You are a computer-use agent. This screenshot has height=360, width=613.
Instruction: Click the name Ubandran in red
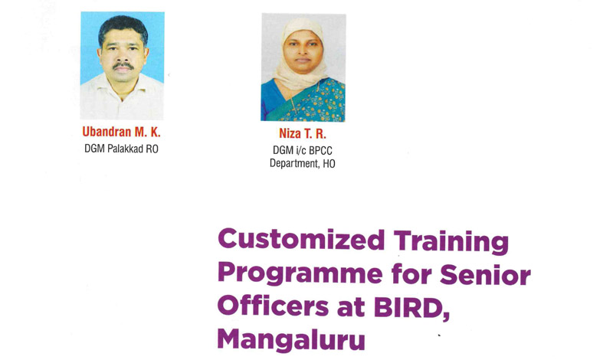coord(107,132)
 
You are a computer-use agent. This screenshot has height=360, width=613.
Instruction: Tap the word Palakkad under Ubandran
coord(125,149)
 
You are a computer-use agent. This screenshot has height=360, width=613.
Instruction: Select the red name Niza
coord(290,134)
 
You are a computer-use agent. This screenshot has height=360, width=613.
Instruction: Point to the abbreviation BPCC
coord(320,150)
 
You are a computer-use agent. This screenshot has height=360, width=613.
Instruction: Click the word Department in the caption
coord(294,163)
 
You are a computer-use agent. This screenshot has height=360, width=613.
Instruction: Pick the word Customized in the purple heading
coord(301,240)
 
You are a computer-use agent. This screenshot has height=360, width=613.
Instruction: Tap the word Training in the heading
coord(451,242)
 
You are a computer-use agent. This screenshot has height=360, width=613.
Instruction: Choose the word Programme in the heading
coord(300,274)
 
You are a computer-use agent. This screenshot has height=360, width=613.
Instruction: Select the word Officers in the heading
coord(274,306)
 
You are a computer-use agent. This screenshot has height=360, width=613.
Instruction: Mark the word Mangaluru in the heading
coord(291,339)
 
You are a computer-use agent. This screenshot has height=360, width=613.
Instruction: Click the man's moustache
coord(123,66)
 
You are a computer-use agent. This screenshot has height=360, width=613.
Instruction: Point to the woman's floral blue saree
coord(303,102)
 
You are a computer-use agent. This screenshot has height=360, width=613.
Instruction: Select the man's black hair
coord(123,28)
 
